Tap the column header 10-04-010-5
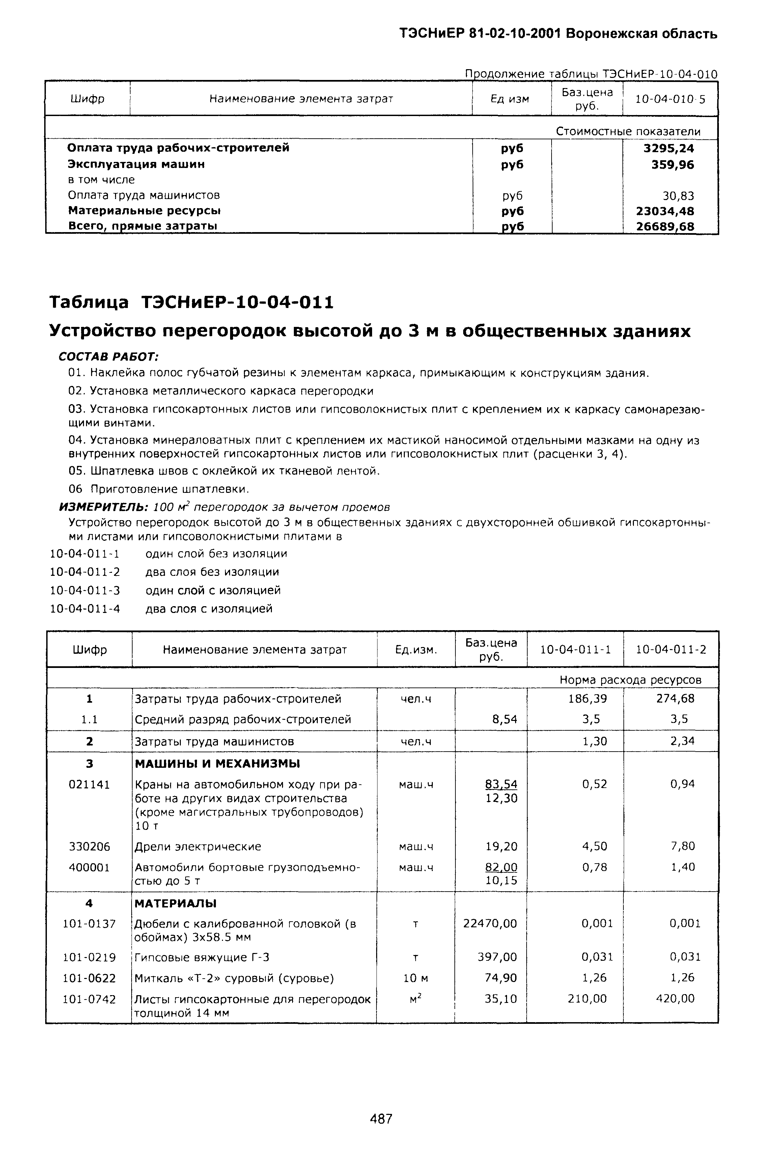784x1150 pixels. [670, 99]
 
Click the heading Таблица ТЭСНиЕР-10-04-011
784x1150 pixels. [192, 302]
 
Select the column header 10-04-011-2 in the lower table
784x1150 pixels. [671, 649]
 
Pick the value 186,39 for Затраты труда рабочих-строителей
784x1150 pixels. [588, 698]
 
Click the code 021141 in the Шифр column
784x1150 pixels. [89, 784]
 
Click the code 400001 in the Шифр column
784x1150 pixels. [89, 867]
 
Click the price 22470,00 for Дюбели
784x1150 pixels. [489, 923]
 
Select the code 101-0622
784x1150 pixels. [89, 978]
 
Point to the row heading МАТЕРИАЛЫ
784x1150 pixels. [176, 903]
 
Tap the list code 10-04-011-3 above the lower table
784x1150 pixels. [85, 590]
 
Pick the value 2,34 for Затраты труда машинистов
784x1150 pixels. [682, 741]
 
